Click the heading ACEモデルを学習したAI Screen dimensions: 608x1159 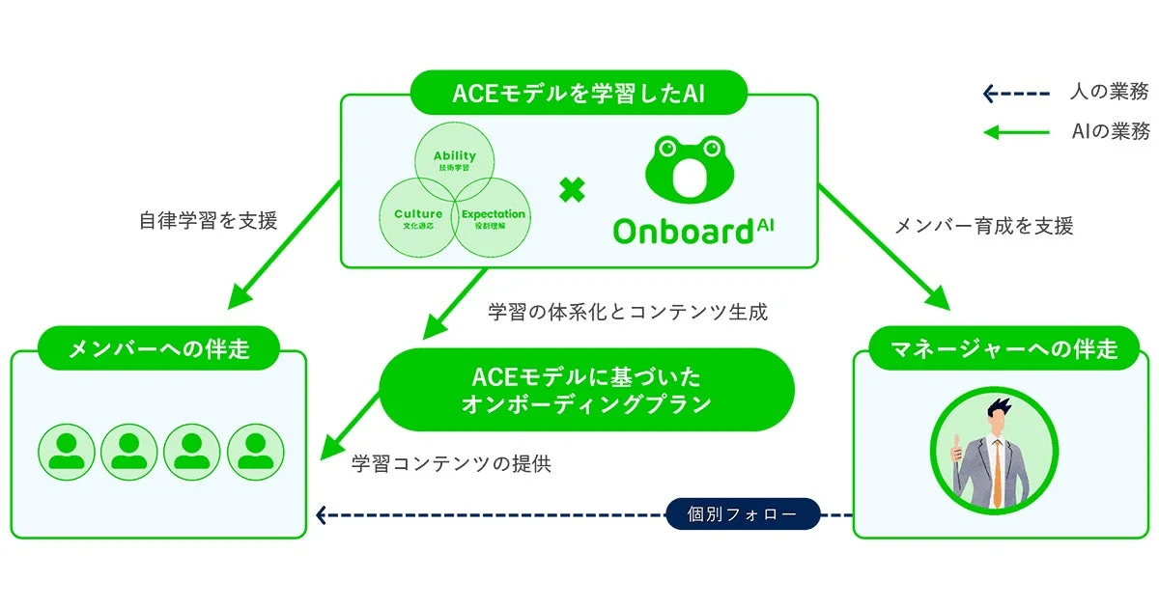tap(579, 94)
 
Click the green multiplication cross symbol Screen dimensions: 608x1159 tap(573, 190)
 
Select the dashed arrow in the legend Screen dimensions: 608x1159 tap(1015, 94)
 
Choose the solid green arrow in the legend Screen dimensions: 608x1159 tap(1015, 132)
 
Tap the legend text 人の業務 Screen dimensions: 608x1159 tap(1109, 94)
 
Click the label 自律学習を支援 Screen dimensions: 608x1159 tap(209, 221)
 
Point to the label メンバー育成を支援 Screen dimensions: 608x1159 tap(983, 226)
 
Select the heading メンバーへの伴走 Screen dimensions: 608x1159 tap(158, 348)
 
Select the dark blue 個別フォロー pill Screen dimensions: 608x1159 tap(743, 514)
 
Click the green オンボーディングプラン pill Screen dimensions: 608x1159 tap(586, 389)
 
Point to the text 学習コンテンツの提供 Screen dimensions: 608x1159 tap(451, 463)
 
